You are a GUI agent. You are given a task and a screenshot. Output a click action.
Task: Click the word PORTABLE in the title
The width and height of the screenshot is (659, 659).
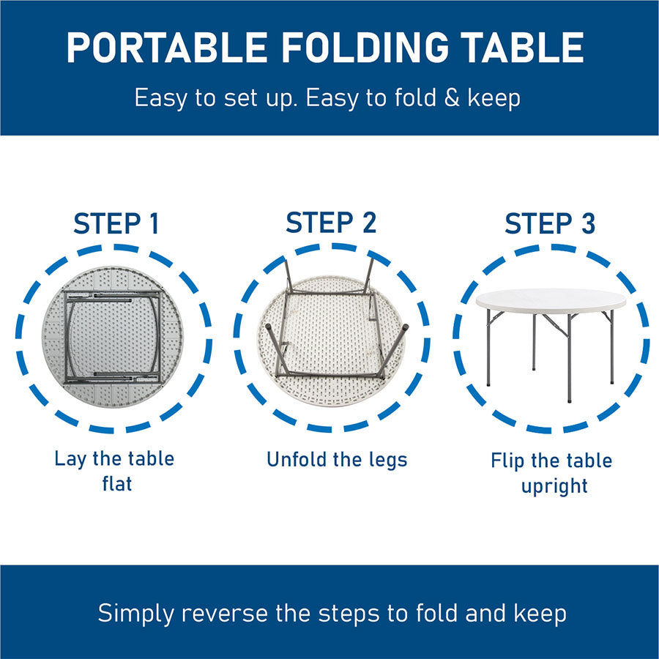click(167, 47)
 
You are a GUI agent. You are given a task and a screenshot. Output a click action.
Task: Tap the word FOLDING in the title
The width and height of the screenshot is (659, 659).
click(365, 47)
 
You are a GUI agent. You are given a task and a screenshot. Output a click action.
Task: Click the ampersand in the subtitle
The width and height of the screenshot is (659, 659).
click(452, 98)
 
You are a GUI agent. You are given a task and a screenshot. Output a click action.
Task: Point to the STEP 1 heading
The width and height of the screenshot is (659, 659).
click(116, 223)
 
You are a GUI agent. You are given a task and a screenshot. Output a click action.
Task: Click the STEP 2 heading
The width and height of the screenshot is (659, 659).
click(331, 223)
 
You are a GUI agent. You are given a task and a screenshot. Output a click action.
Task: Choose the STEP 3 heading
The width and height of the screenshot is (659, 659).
click(550, 223)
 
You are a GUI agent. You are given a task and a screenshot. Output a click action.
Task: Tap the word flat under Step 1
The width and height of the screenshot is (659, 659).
click(117, 483)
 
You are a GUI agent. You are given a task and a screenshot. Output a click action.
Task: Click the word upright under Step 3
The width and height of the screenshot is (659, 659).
click(554, 487)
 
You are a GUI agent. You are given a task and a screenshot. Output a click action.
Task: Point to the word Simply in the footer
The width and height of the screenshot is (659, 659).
click(135, 614)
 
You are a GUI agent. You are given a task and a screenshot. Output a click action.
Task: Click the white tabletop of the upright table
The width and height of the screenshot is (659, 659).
click(551, 300)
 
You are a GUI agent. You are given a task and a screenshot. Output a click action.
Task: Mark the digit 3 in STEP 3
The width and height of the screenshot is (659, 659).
click(588, 223)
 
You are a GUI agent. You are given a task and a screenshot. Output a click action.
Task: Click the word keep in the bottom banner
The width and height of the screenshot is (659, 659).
click(540, 614)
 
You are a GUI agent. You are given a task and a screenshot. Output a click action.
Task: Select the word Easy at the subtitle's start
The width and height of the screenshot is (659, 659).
click(161, 99)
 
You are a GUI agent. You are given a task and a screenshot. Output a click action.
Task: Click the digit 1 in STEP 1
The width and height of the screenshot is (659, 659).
click(154, 223)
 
